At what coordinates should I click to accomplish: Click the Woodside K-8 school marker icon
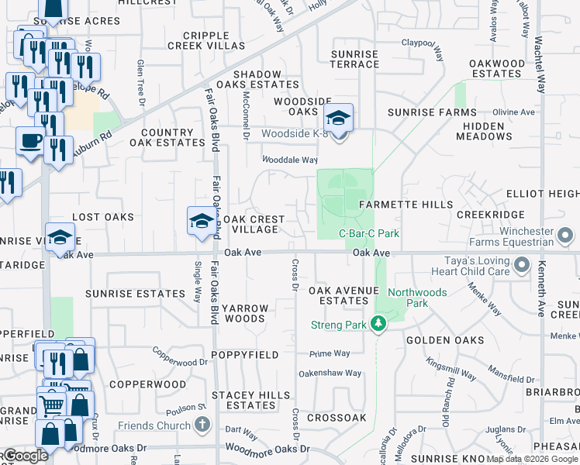[x=338, y=119]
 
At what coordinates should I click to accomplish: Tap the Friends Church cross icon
[x=202, y=425]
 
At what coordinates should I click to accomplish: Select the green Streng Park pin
[x=378, y=323]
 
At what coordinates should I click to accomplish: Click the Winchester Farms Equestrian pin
[x=567, y=232]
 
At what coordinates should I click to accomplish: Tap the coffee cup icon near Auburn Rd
[x=30, y=141]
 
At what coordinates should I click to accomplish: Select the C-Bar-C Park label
[x=369, y=233]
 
